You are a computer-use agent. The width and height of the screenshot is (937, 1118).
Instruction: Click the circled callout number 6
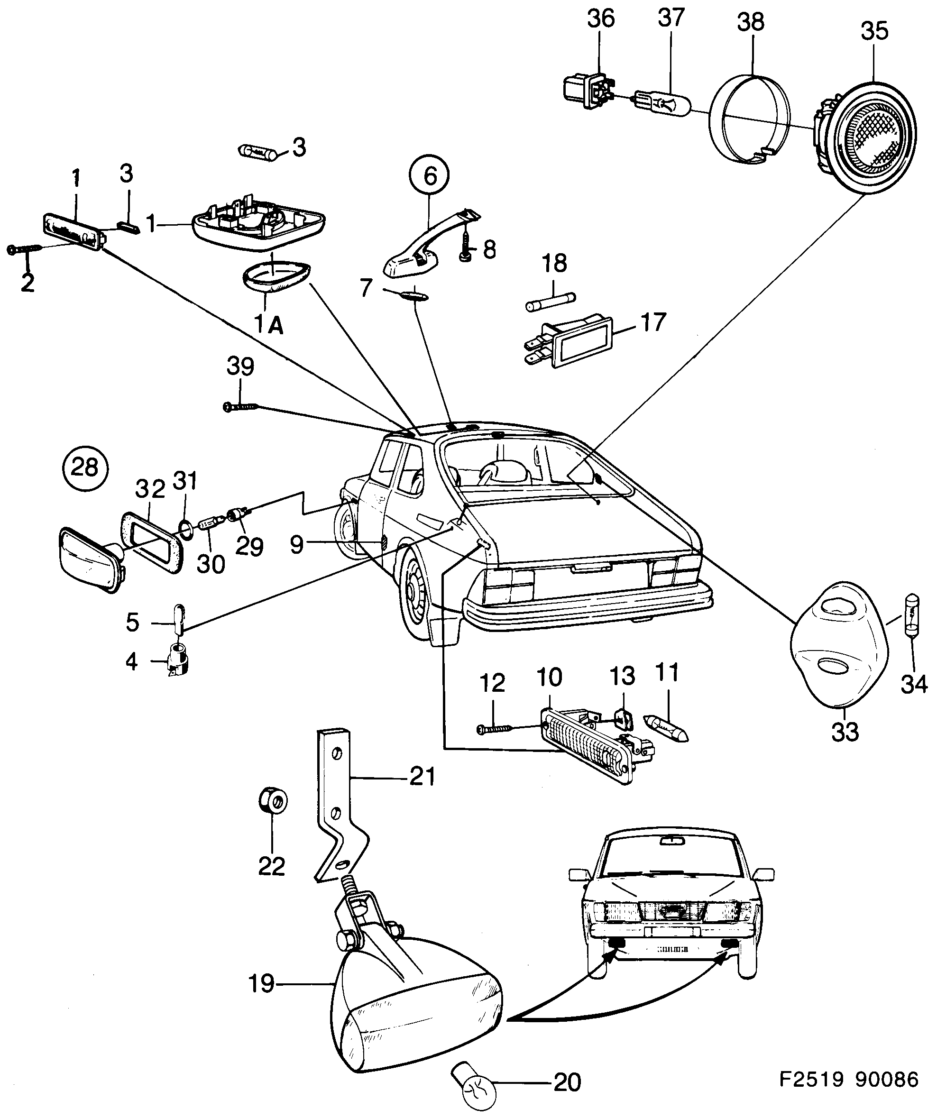coord(429,174)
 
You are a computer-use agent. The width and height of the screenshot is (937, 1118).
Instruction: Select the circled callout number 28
coord(85,468)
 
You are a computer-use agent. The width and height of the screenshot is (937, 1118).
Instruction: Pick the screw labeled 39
coord(239,407)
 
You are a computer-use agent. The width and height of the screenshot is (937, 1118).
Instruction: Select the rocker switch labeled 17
coord(578,342)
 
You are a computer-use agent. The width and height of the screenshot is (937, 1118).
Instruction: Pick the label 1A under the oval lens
coord(268,325)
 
